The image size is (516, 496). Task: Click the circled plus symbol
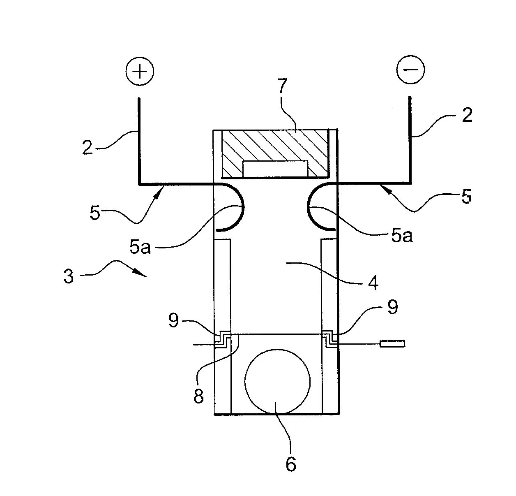tap(140, 72)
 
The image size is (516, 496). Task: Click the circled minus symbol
tap(410, 69)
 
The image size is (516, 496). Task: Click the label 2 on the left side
tap(88, 148)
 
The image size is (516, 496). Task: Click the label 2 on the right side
tap(467, 116)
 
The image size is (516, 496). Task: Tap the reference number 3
tap(69, 276)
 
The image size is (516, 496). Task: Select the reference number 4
tap(373, 283)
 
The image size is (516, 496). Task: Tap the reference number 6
tap(290, 464)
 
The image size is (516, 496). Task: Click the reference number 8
tap(199, 397)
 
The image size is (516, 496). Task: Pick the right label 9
tap(393, 307)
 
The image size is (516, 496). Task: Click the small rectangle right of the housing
tap(392, 344)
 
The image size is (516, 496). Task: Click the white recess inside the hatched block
tap(274, 169)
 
